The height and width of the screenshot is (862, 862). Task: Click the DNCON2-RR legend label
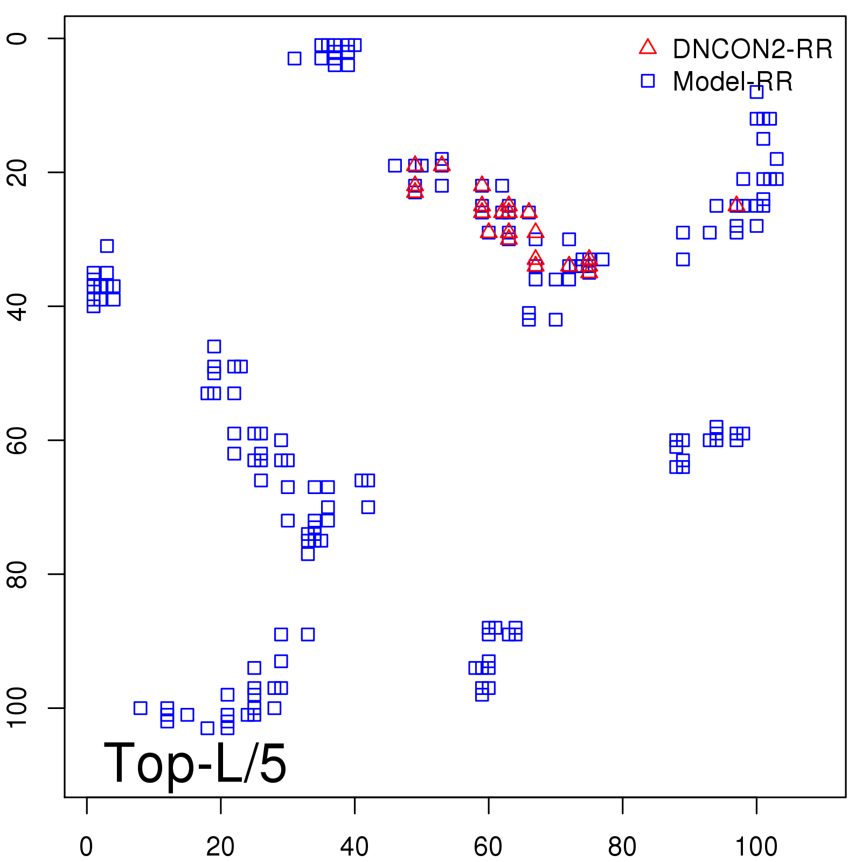tap(752, 50)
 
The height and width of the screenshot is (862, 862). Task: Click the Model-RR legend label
tap(733, 82)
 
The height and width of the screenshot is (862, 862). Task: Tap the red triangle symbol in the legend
tap(648, 47)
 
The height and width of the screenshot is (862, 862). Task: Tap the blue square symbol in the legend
tap(648, 81)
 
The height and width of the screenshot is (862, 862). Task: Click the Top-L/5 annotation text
tap(195, 763)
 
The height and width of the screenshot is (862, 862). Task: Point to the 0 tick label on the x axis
tap(86, 847)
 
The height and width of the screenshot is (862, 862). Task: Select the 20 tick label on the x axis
tap(220, 847)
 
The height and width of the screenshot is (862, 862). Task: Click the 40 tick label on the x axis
tap(354, 847)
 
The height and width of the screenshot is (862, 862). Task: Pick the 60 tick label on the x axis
tap(488, 847)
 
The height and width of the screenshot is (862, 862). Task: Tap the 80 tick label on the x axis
tap(622, 847)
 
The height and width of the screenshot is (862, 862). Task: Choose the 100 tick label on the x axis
tap(756, 847)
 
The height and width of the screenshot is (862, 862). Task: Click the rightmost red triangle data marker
tap(736, 205)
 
